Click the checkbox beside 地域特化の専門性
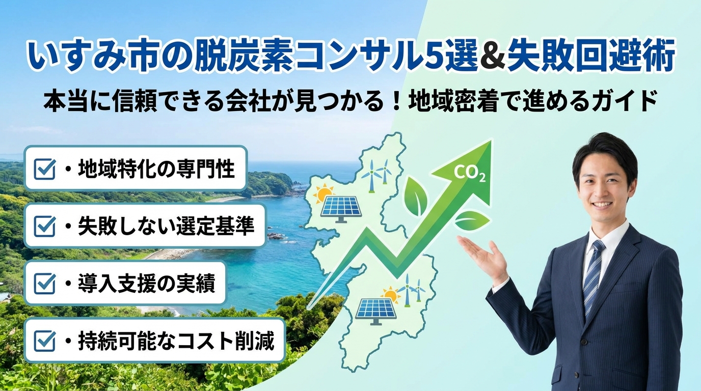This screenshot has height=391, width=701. (x=45, y=169)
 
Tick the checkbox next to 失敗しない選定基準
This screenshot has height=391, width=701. (x=45, y=226)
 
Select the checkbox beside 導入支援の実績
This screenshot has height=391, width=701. (x=45, y=284)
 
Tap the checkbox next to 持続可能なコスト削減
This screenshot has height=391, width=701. (x=45, y=341)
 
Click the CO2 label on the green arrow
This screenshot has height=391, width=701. (x=469, y=174)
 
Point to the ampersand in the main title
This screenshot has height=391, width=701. (x=492, y=58)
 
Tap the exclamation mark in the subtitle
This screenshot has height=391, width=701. (x=396, y=101)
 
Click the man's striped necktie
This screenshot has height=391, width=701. (x=592, y=275)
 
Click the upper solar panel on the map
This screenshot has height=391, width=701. (x=341, y=209)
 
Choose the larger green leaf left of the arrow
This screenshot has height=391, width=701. (x=416, y=196)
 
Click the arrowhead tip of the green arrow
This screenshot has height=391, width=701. (x=491, y=141)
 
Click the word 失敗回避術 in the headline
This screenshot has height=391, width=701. (x=590, y=58)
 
